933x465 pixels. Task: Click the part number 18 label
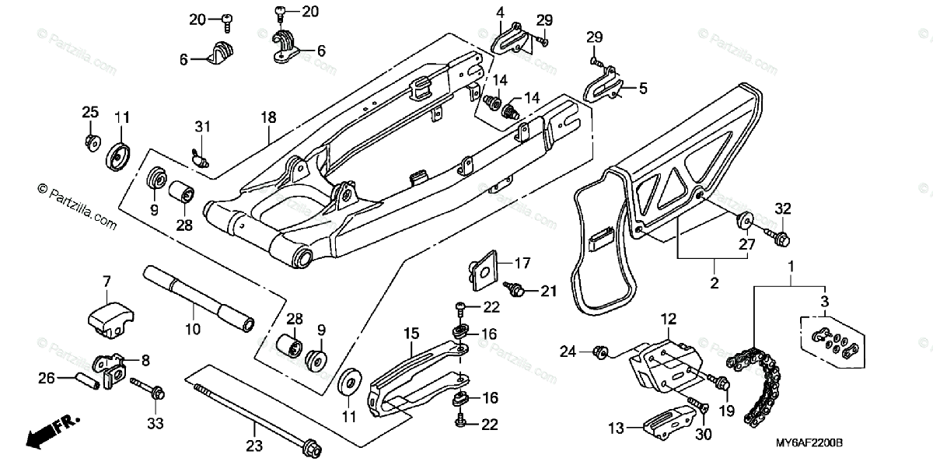[x=268, y=118]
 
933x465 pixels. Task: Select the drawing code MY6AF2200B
[x=809, y=442]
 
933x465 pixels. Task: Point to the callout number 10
[x=193, y=329]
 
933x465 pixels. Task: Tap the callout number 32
[x=783, y=208]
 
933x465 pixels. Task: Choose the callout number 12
[x=669, y=319]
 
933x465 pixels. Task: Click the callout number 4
[x=500, y=12]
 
